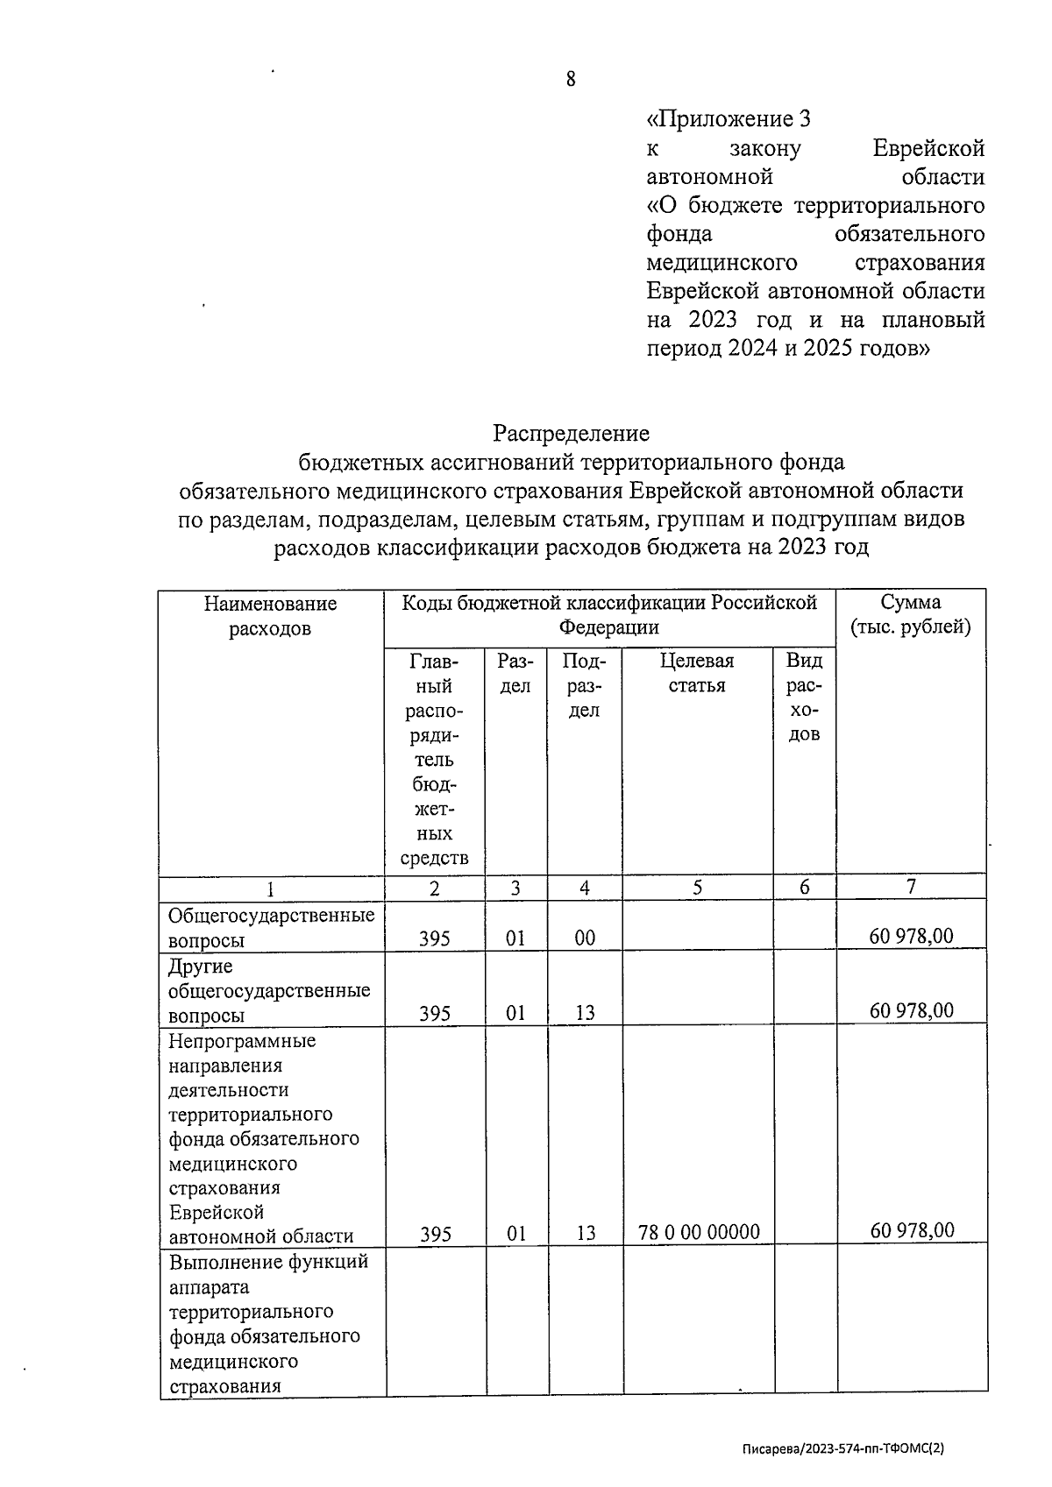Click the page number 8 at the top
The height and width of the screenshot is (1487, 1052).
point(572,80)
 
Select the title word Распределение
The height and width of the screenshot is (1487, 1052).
point(571,434)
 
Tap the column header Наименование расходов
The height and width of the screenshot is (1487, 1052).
point(270,616)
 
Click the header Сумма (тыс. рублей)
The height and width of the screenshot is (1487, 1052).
point(911,615)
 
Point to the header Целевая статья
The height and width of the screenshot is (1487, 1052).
point(697,673)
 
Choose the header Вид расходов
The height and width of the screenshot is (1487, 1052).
point(804,697)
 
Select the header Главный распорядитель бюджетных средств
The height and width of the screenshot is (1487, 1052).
point(435,759)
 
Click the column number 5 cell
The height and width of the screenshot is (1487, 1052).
point(697,888)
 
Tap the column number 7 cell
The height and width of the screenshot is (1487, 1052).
point(911,887)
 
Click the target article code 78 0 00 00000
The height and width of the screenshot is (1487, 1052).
point(699,1233)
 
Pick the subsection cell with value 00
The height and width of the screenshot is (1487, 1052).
point(585,938)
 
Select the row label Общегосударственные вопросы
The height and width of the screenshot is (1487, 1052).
point(271,928)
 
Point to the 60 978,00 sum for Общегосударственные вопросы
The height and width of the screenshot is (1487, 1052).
point(911,937)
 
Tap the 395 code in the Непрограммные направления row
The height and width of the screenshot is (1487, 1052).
point(435,1235)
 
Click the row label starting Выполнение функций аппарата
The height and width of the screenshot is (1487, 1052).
point(267,1323)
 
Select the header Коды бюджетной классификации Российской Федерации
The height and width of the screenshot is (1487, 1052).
point(609,615)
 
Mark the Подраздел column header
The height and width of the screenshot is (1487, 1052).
point(584,685)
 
